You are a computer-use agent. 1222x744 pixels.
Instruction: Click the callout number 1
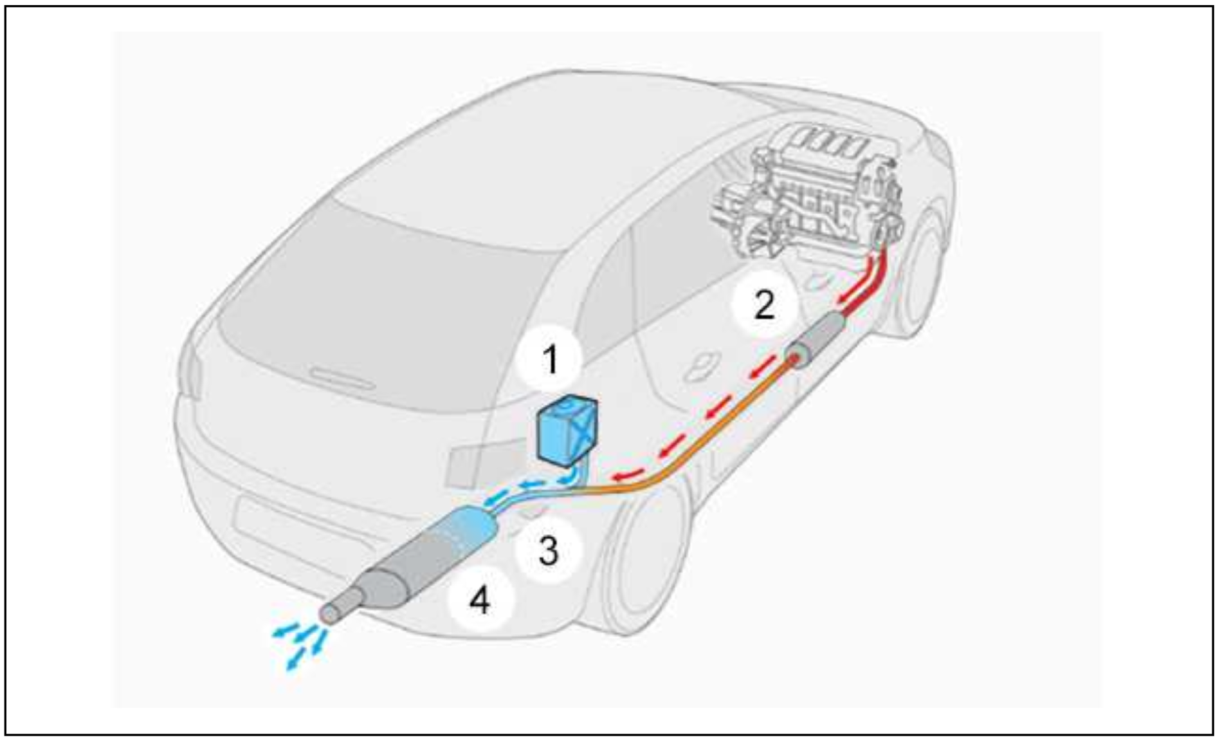click(551, 359)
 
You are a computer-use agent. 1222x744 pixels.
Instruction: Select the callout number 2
click(764, 305)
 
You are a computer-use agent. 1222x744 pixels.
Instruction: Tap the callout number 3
click(548, 551)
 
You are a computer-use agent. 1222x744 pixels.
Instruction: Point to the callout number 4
click(480, 601)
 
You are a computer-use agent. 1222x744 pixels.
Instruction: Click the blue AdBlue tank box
click(566, 431)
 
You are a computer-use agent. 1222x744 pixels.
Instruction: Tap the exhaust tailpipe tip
click(332, 611)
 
